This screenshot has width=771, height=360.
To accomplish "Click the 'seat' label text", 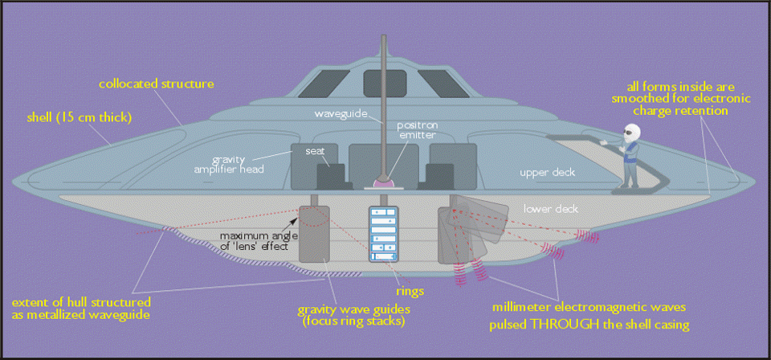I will click(x=314, y=150).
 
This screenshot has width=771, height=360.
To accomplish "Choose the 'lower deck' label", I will click(x=550, y=208).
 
